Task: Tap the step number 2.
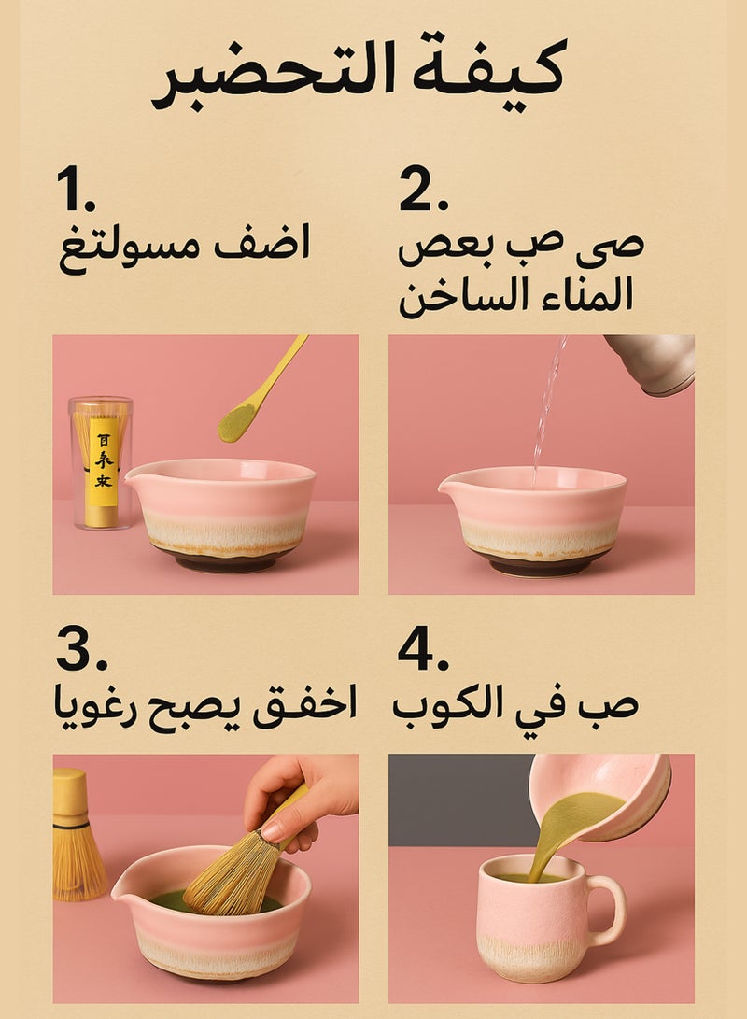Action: tap(424, 189)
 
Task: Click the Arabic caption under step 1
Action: tap(184, 246)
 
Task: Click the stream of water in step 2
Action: tap(546, 411)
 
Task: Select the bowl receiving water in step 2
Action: tap(534, 517)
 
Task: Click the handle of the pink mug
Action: tap(610, 910)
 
